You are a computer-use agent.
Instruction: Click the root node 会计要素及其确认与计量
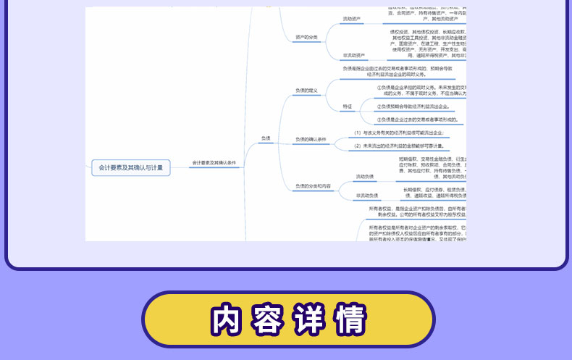(130, 167)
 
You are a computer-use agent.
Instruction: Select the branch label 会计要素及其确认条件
(214, 163)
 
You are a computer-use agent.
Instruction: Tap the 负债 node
(265, 138)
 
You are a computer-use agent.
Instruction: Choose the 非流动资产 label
(354, 55)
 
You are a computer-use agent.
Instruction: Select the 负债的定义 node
(306, 91)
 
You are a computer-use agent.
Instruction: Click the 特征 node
(348, 106)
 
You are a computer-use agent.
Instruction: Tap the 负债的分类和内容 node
(313, 186)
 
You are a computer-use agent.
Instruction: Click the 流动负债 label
(364, 177)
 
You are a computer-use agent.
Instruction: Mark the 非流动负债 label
(366, 195)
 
